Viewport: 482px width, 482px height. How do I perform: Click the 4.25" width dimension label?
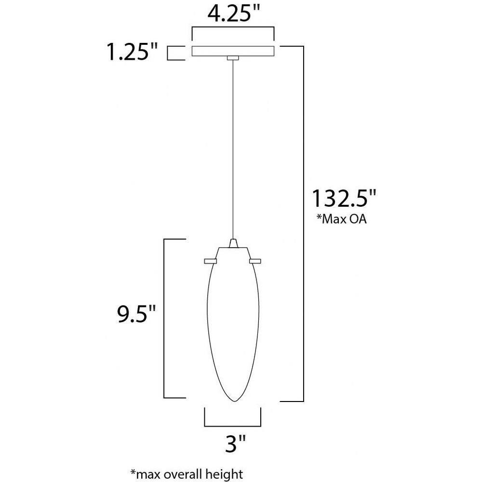(x=234, y=14)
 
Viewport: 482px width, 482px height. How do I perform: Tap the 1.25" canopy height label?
(x=132, y=52)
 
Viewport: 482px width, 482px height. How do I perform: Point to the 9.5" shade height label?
(x=136, y=314)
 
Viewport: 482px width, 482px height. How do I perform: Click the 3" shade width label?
(x=236, y=443)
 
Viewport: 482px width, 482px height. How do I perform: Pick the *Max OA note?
(x=342, y=219)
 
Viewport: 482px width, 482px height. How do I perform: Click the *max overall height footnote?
(x=187, y=474)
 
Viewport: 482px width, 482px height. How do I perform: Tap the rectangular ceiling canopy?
(x=233, y=51)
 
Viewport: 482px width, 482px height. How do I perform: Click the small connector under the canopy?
(x=233, y=58)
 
